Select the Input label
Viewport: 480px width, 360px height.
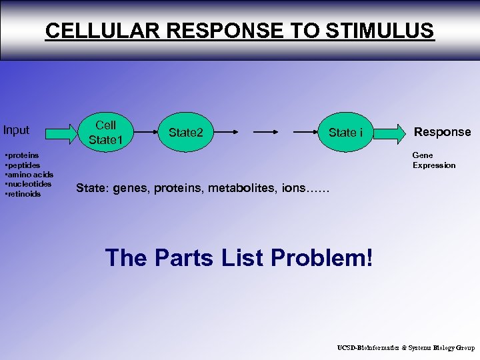(x=17, y=130)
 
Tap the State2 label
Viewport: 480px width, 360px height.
(x=186, y=133)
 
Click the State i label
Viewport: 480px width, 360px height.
(x=345, y=133)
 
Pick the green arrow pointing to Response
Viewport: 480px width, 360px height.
(x=391, y=133)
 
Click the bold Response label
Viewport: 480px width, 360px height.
(x=443, y=132)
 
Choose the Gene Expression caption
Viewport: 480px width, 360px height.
(x=434, y=160)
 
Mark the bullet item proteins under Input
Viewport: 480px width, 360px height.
(x=22, y=155)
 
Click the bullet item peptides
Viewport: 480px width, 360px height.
(x=23, y=165)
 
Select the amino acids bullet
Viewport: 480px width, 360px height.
(x=29, y=175)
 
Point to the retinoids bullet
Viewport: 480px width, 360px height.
(x=23, y=194)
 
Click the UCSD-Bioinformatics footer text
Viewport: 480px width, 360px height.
(x=405, y=347)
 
